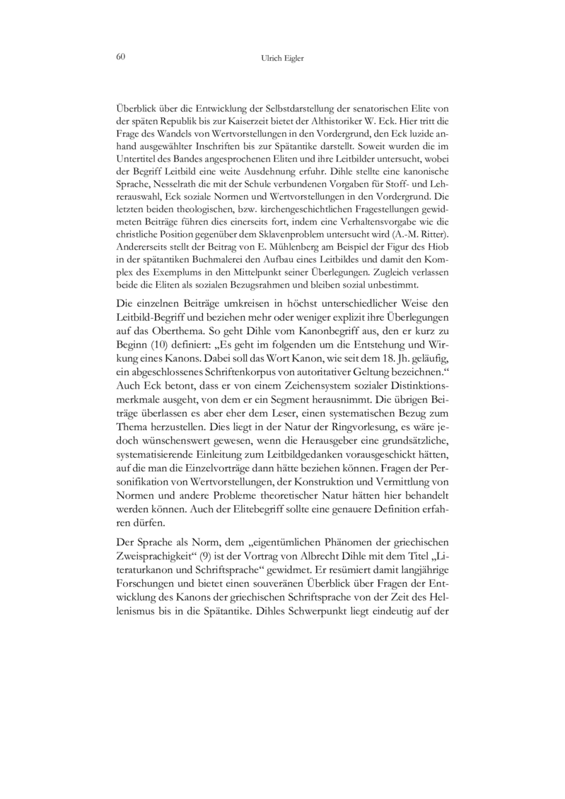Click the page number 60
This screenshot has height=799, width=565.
click(120, 57)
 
